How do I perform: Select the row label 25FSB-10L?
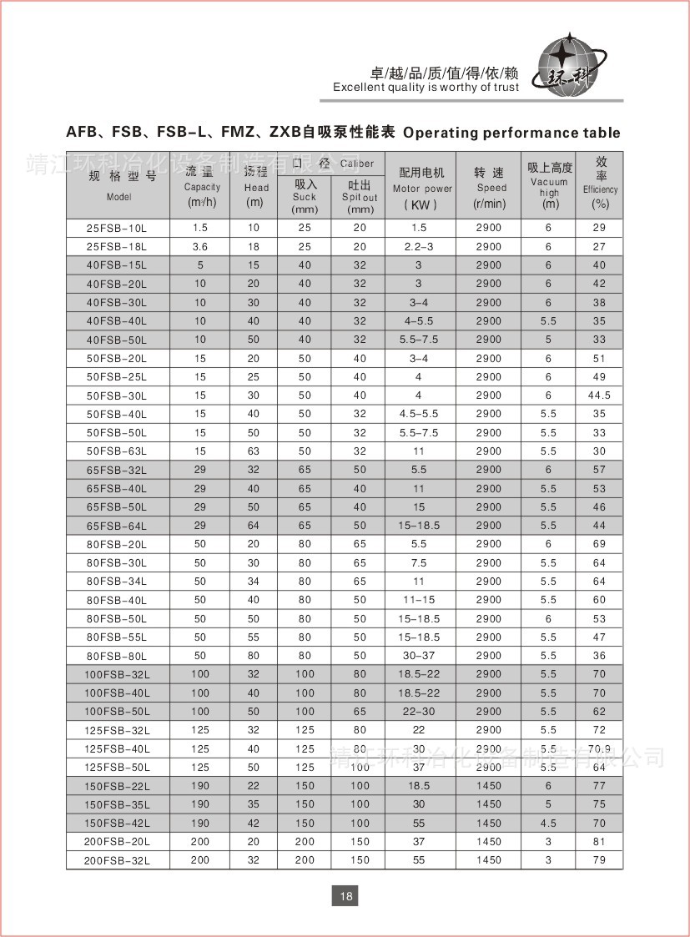pyautogui.click(x=117, y=228)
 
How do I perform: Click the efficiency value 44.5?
pyautogui.click(x=599, y=395)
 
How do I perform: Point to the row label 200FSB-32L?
pyautogui.click(x=117, y=860)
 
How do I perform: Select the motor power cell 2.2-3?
pyautogui.click(x=419, y=247)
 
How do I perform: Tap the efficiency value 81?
pyautogui.click(x=599, y=842)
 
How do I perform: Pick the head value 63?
pyautogui.click(x=254, y=451)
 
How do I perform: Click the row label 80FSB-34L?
pyautogui.click(x=117, y=582)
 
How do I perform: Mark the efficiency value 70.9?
pyautogui.click(x=599, y=748)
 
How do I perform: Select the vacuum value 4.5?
pyautogui.click(x=548, y=824)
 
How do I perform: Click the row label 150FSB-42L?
pyautogui.click(x=117, y=824)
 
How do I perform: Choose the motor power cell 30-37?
pyautogui.click(x=419, y=656)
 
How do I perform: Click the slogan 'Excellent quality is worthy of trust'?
pyautogui.click(x=426, y=88)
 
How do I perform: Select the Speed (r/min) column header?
pyautogui.click(x=489, y=187)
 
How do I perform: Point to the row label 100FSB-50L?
pyautogui.click(x=117, y=712)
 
